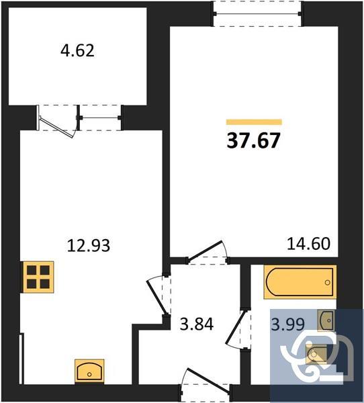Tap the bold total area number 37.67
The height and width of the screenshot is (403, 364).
254,141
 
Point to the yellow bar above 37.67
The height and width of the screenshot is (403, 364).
254,122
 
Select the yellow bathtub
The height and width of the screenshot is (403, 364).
300,282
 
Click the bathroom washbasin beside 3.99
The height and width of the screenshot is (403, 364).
326,320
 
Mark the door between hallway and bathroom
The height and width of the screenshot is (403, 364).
236,328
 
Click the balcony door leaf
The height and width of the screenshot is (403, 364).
58,123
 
